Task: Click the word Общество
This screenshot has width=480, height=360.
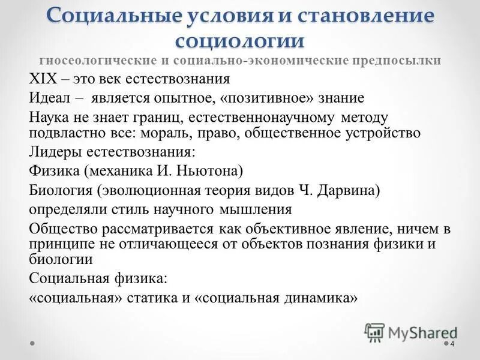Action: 60,229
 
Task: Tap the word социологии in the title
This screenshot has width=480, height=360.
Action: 240,41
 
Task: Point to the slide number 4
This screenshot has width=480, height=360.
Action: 452,344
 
